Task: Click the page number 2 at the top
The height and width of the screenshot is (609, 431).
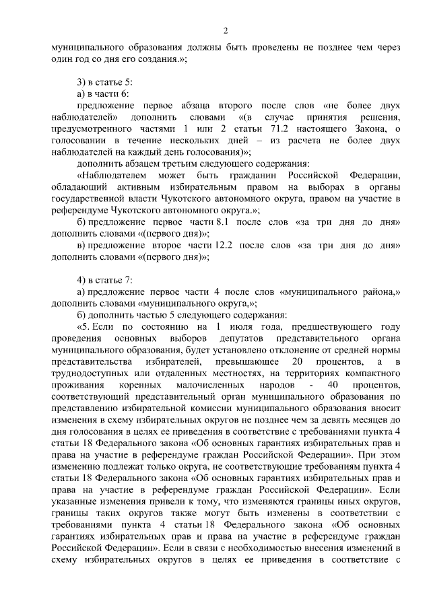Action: [x=226, y=30]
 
